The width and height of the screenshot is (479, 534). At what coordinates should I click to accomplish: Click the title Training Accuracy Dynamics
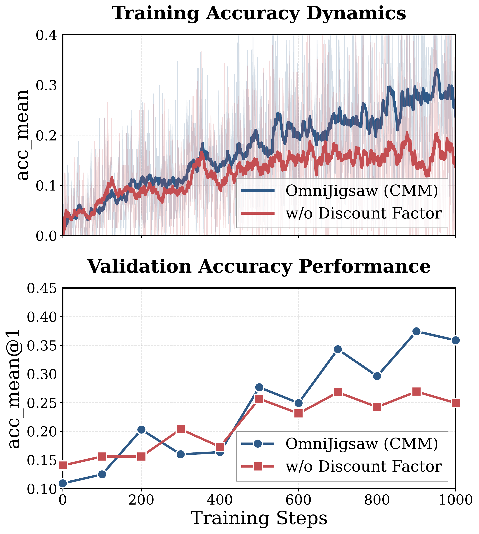click(259, 14)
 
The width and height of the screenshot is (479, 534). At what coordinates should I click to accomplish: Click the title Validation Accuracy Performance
click(259, 267)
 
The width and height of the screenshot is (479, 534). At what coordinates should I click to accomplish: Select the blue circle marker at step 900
click(416, 331)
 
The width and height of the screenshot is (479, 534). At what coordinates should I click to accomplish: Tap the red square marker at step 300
click(181, 430)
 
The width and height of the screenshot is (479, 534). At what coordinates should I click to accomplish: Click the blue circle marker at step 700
click(338, 349)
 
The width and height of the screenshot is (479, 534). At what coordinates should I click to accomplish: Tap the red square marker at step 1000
click(456, 403)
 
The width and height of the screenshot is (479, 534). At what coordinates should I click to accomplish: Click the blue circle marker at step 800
click(377, 376)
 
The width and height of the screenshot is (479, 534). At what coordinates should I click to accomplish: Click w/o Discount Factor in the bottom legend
click(363, 467)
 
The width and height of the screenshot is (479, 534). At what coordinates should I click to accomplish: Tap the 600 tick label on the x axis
click(298, 500)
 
